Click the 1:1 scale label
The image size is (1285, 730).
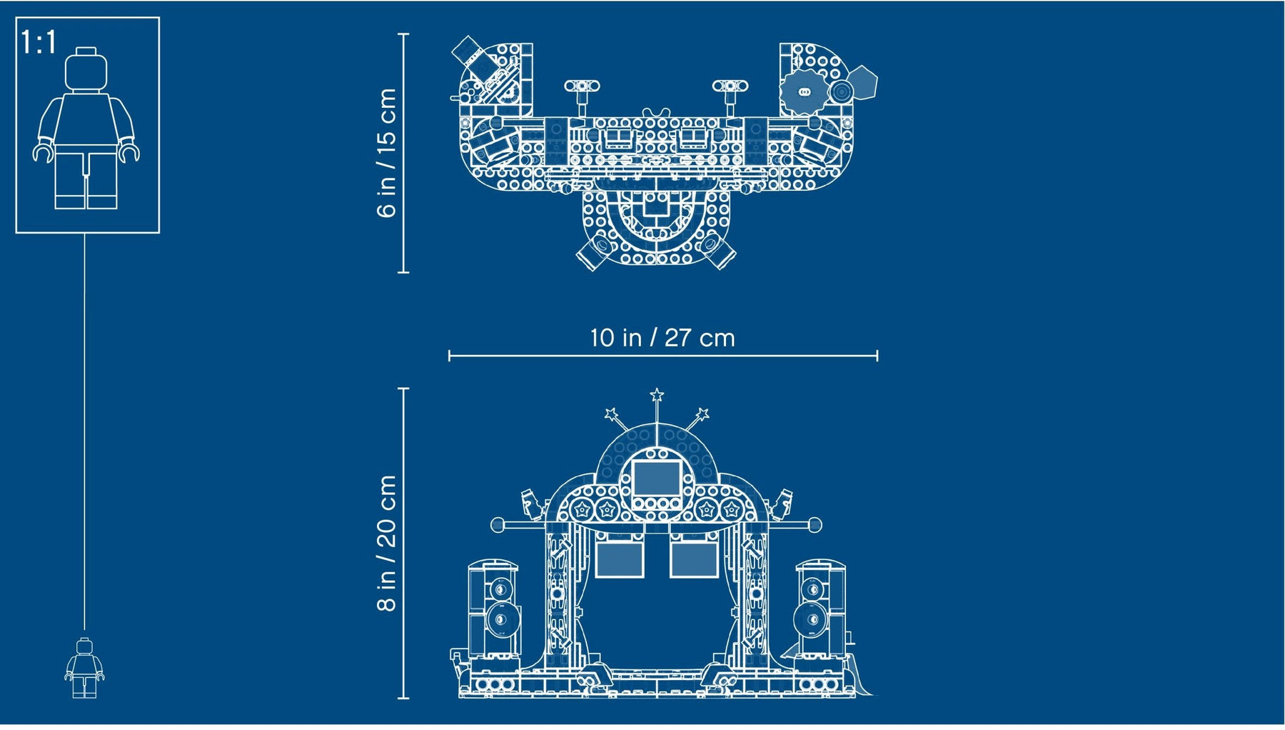pos(39,42)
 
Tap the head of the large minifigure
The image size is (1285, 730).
pos(86,69)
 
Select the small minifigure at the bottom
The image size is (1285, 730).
pos(84,668)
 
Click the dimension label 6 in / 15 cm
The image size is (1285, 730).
pos(386,152)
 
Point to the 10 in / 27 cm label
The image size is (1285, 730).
pos(662,338)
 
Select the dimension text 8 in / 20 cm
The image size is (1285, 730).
pos(386,543)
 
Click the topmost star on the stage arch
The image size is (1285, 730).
pos(657,395)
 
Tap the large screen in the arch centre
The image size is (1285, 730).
pos(657,478)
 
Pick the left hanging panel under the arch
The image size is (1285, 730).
pos(620,559)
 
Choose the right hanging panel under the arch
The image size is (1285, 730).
pos(694,559)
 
